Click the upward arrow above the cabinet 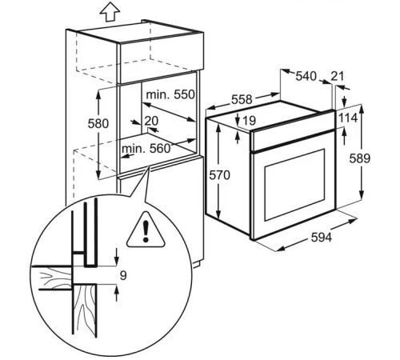[x=110, y=12]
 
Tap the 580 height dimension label [x=98, y=124]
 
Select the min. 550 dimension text [x=170, y=94]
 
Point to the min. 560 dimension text [x=146, y=149]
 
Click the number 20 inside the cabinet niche [x=151, y=121]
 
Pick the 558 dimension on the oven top [x=242, y=100]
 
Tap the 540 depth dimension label [x=306, y=77]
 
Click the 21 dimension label [x=338, y=77]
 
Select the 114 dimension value [x=348, y=118]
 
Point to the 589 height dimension [x=360, y=158]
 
